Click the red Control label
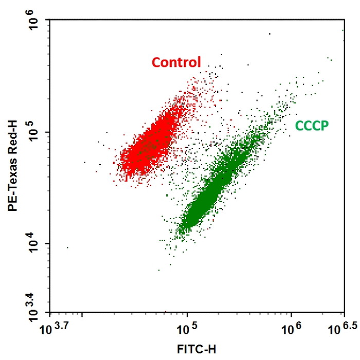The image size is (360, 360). pyautogui.click(x=176, y=63)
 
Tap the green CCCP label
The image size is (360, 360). pyautogui.click(x=312, y=125)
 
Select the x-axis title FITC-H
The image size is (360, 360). pyautogui.click(x=196, y=350)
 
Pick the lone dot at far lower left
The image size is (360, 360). pyautogui.click(x=67, y=248)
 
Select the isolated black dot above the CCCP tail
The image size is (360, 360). pyautogui.click(x=269, y=34)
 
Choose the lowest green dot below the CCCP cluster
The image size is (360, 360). pyautogui.click(x=159, y=269)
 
